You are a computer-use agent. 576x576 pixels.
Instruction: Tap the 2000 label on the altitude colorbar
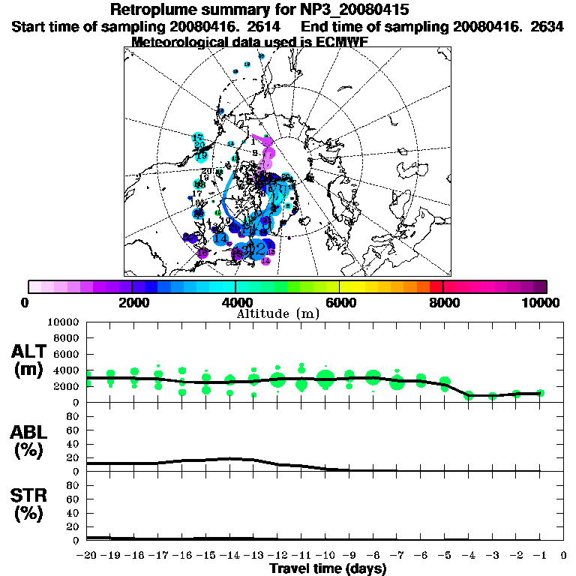[x=132, y=302]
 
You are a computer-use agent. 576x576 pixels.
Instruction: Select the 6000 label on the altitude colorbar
[x=340, y=302]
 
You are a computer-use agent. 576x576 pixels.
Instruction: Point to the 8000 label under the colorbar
[x=443, y=302]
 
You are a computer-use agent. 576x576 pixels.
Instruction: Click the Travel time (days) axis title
[x=328, y=569]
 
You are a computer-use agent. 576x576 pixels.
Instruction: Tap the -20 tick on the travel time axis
[x=88, y=556]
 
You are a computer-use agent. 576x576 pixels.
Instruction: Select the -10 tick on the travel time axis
[x=325, y=556]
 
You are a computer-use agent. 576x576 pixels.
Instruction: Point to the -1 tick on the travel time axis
[x=539, y=556]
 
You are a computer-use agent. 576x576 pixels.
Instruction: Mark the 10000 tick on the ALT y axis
[x=64, y=322]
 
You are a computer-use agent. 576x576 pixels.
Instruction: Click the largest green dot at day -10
[x=325, y=379]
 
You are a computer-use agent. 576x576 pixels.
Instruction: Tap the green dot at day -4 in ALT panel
[x=469, y=394]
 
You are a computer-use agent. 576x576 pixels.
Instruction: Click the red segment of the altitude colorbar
[x=436, y=286]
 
